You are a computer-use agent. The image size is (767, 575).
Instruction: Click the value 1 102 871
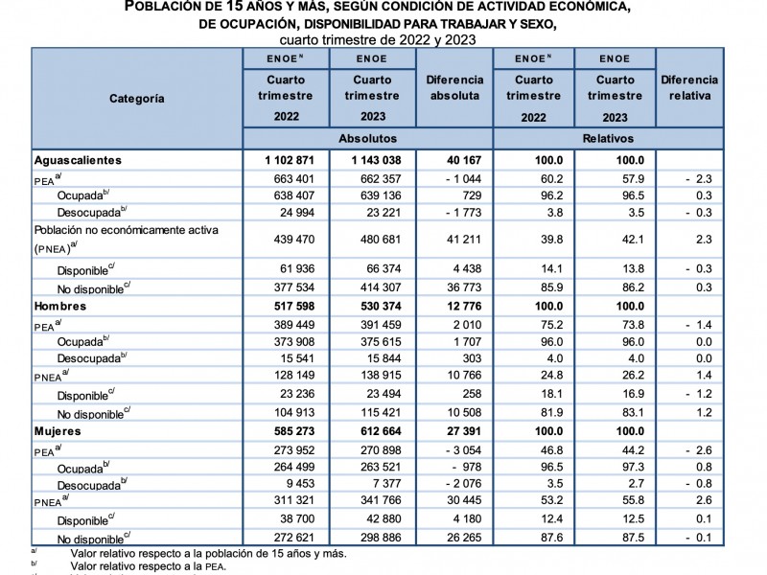pos(285,160)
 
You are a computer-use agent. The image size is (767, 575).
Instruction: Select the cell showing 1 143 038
pos(372,160)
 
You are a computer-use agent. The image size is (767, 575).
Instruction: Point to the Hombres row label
pos(60,307)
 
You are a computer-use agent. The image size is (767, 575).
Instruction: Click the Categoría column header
pos(136,99)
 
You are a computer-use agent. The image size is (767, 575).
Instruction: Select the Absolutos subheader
pos(373,139)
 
